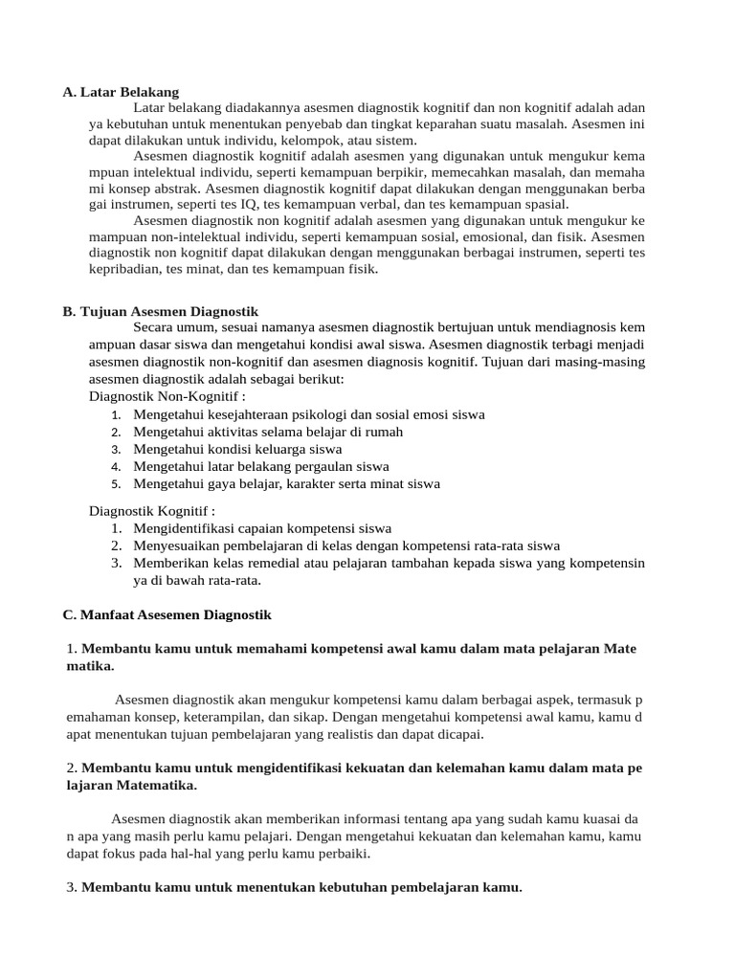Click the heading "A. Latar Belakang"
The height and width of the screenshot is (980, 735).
coord(121,92)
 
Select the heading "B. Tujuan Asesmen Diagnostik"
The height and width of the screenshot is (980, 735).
coord(160,312)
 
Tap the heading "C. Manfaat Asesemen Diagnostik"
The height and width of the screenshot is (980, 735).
coord(167,613)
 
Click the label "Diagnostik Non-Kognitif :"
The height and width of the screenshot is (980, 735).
coord(167,396)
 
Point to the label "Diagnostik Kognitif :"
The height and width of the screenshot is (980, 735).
coord(152,511)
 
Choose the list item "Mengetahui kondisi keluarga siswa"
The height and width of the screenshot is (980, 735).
coord(237,449)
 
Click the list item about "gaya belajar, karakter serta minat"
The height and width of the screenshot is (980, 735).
coord(286,483)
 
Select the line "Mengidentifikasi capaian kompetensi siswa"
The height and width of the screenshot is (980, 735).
coord(262,528)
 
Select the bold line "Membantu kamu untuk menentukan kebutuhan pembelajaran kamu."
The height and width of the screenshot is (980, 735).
coord(301,887)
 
